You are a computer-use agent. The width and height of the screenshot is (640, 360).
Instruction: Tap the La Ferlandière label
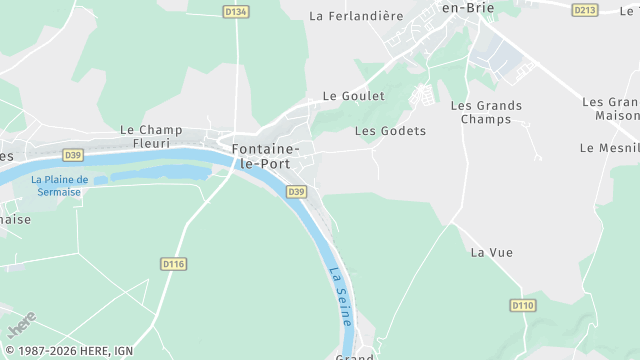click(x=356, y=16)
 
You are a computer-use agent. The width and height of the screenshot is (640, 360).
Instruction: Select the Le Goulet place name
click(x=353, y=96)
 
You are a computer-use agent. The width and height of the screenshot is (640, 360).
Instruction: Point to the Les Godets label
click(x=390, y=131)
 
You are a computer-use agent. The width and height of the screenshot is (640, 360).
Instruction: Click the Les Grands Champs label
click(x=486, y=112)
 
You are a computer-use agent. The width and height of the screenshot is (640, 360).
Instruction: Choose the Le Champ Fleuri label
click(x=150, y=136)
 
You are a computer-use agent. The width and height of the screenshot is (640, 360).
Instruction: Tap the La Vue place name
click(x=491, y=252)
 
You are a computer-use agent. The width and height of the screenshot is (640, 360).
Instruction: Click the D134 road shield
click(x=236, y=11)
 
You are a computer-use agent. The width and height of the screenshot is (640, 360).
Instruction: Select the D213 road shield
click(x=585, y=10)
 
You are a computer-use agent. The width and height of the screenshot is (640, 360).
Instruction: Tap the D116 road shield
click(x=173, y=264)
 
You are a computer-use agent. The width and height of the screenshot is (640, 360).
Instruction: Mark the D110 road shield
click(x=522, y=305)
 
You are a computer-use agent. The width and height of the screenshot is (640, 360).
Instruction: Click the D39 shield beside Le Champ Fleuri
click(x=72, y=155)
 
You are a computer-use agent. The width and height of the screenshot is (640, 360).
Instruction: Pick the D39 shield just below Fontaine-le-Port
click(x=296, y=191)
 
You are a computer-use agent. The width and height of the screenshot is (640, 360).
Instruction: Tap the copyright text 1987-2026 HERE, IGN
click(x=69, y=351)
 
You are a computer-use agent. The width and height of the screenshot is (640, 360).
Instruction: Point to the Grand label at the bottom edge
click(x=355, y=356)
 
